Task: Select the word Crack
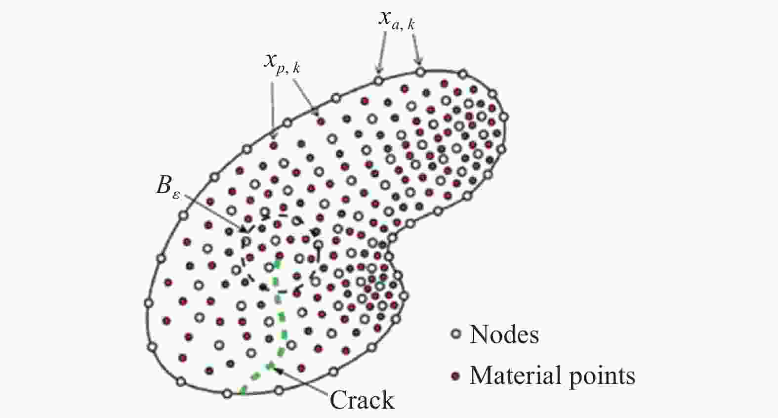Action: click(x=362, y=400)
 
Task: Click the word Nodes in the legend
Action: click(x=504, y=334)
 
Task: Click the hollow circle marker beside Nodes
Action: click(x=455, y=334)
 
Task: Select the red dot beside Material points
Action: click(x=455, y=376)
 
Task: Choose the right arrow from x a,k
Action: click(x=416, y=48)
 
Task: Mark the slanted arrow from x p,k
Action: click(x=306, y=98)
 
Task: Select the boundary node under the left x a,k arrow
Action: click(x=378, y=81)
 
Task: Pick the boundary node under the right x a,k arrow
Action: click(x=420, y=72)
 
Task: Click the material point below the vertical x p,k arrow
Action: click(x=274, y=146)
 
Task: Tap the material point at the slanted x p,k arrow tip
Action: click(x=321, y=122)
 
